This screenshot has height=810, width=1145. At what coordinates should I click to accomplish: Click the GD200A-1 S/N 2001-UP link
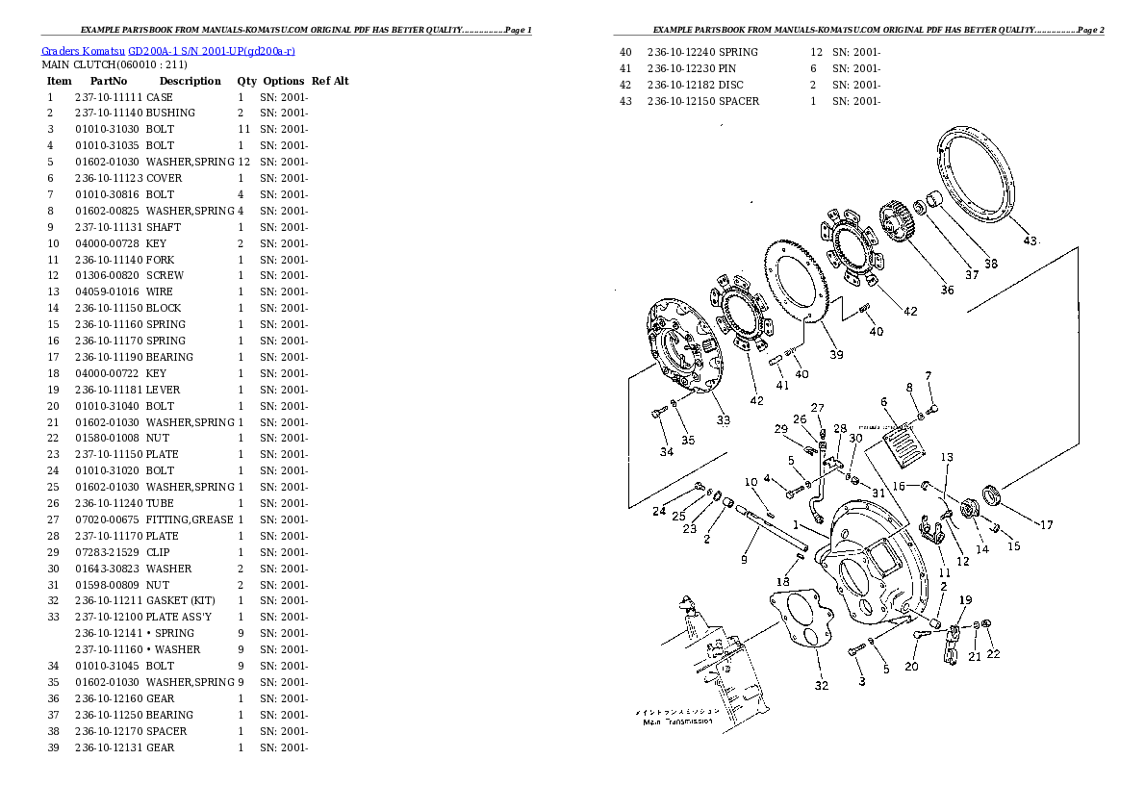tap(211, 51)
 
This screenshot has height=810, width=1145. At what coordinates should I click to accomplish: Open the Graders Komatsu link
tap(83, 51)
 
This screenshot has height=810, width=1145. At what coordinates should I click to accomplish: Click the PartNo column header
tap(108, 81)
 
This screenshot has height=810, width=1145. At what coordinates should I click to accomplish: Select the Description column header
tap(190, 81)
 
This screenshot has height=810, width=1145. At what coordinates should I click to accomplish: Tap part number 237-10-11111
tap(109, 97)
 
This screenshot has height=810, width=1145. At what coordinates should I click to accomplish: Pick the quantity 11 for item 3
tap(243, 129)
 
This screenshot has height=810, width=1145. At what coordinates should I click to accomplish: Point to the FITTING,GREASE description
tap(190, 520)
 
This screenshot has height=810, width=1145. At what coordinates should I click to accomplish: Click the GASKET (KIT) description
tap(180, 600)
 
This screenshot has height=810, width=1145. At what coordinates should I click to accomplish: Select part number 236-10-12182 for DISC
tap(681, 85)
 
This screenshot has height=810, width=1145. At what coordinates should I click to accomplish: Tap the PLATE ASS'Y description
tap(178, 618)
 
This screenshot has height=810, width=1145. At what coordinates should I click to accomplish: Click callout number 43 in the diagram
tap(1030, 240)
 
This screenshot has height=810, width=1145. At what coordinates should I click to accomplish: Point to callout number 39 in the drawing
tap(836, 354)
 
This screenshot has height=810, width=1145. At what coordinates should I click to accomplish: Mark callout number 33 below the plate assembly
tap(723, 420)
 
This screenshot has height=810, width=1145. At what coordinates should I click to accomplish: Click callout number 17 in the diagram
tap(1047, 524)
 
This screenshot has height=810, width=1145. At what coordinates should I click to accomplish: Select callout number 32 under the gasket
tap(822, 685)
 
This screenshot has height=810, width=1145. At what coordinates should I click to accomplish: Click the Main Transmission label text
tap(677, 721)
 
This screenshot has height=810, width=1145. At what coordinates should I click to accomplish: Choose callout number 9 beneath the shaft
tap(744, 560)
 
